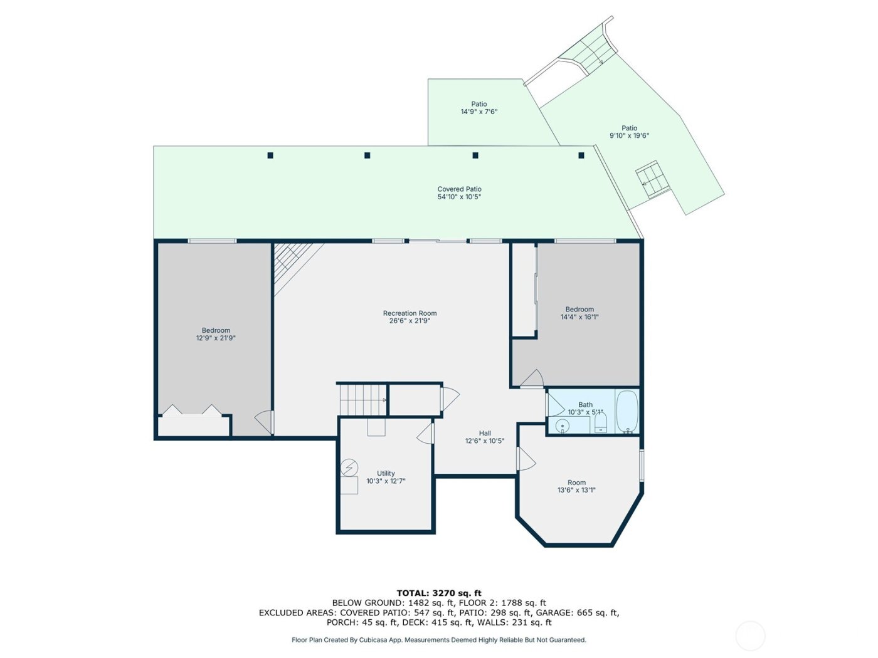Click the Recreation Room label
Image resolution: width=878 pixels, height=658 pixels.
point(410,313)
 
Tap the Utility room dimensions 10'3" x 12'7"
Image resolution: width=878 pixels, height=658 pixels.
point(386,481)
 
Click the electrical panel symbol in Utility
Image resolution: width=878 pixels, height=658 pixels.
point(349,467)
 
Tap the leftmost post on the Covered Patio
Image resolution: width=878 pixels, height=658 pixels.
point(270,155)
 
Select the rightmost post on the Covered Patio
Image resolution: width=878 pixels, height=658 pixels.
point(581,155)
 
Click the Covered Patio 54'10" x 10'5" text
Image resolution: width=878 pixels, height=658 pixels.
point(459,193)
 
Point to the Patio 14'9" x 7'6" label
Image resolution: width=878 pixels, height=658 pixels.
point(479,108)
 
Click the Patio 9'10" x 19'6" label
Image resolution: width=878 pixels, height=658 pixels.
point(629,132)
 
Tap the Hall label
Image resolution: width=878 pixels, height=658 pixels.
point(485,433)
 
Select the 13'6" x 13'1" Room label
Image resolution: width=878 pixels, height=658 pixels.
point(576,486)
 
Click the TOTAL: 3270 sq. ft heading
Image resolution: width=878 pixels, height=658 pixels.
point(439,593)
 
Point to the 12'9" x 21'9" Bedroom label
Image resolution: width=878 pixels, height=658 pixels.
point(216,334)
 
